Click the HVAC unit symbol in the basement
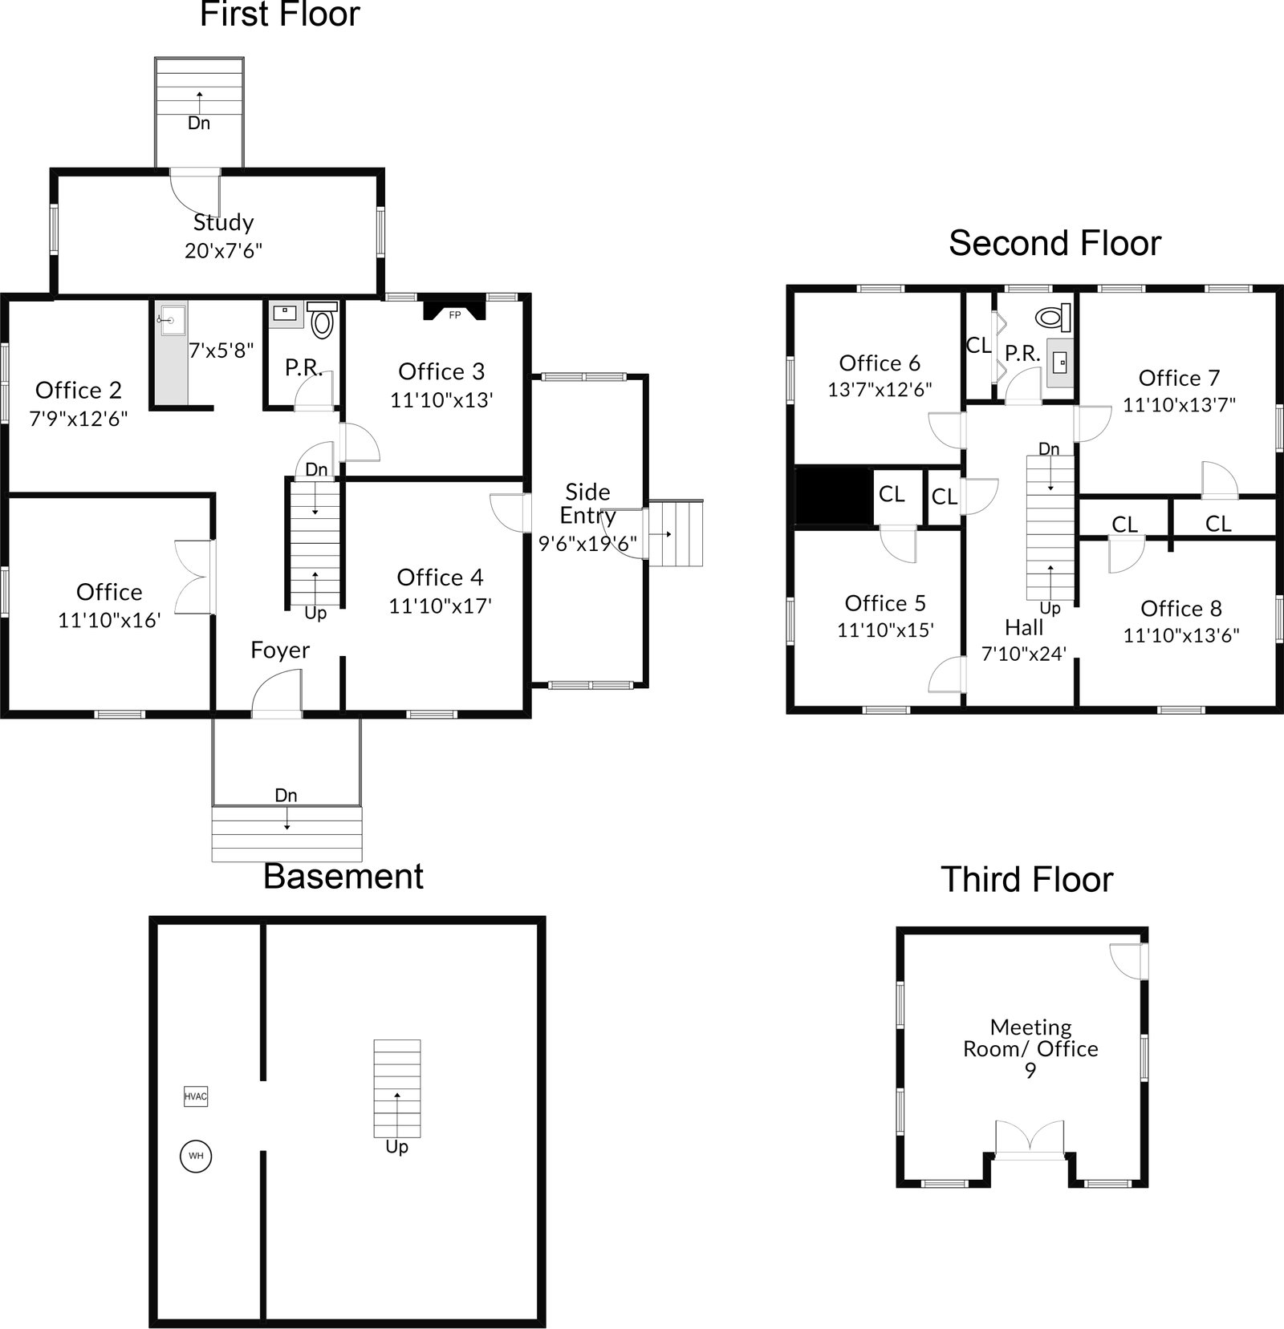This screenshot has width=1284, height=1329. point(196,1096)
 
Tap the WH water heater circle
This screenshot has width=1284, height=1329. point(196,1156)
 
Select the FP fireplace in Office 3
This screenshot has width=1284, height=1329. point(455,310)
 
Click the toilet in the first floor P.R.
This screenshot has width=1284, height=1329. point(322,320)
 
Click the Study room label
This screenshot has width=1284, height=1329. point(223,222)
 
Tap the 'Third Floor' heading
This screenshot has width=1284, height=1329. point(1026,879)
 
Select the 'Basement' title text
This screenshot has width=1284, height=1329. point(343,876)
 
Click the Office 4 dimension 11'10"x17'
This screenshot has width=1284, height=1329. point(440,606)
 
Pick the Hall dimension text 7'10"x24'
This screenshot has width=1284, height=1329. point(1024,654)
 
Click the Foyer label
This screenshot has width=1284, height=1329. point(279,650)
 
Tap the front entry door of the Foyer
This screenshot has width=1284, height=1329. point(276,695)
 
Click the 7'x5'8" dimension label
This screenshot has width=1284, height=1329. point(221,350)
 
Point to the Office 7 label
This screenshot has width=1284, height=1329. point(1179,378)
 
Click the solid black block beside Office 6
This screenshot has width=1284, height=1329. point(834,496)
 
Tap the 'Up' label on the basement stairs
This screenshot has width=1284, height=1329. point(396,1147)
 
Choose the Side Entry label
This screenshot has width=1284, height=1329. point(587,503)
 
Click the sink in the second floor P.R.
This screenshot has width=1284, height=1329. point(1061,363)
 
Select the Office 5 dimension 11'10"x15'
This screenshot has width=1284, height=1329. point(885,630)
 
